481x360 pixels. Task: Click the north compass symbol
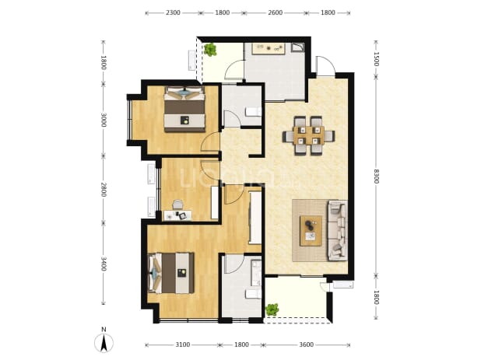(x=104, y=341)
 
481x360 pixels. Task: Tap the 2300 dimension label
(x=173, y=13)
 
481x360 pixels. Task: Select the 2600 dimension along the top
(x=276, y=13)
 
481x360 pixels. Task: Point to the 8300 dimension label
(x=377, y=177)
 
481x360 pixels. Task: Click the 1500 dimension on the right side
(x=377, y=59)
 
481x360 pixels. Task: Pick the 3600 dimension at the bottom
(x=306, y=345)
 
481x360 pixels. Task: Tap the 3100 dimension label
(x=183, y=345)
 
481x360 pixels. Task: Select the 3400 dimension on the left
(x=104, y=264)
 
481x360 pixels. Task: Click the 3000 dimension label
(x=104, y=120)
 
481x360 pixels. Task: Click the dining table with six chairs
(x=308, y=135)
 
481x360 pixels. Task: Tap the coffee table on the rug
(x=311, y=231)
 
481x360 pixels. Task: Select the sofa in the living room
(x=338, y=230)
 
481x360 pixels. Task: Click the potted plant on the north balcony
(x=210, y=50)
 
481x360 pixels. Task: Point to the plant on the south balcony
(x=272, y=309)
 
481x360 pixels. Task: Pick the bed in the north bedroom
(x=184, y=110)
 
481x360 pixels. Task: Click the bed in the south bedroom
(x=171, y=273)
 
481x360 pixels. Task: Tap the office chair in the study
(x=177, y=204)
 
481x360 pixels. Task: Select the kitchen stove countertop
(x=269, y=49)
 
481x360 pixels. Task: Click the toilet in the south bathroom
(x=254, y=294)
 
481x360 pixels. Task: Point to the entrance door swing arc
(x=325, y=65)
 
